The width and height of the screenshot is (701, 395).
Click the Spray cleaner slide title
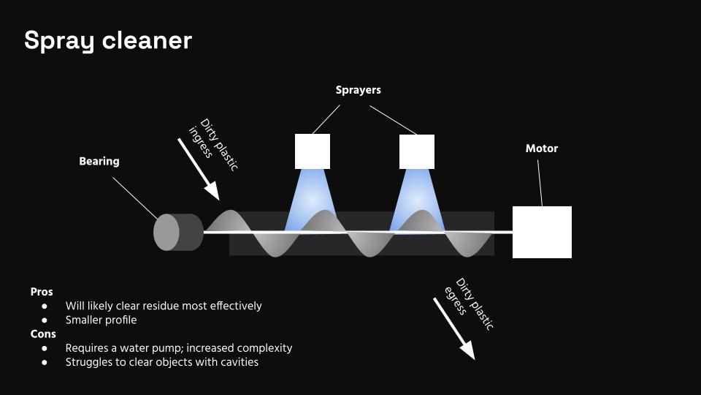click(107, 40)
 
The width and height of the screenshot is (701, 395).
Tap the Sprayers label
click(358, 90)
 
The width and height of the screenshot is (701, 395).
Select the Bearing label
click(99, 161)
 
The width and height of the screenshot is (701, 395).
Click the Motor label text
click(541, 148)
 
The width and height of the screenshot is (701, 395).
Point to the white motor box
click(542, 232)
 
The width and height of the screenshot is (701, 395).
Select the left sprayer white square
click(313, 151)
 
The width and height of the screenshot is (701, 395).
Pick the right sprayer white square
click(417, 151)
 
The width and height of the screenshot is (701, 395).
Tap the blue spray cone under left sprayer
click(310, 197)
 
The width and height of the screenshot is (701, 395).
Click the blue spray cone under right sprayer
click(416, 197)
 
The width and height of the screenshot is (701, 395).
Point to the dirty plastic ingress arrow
click(199, 169)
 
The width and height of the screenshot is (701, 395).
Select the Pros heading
click(42, 292)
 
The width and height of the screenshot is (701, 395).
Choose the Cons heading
click(43, 334)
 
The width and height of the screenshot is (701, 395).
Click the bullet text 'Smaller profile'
click(101, 320)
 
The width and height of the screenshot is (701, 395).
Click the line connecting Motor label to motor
click(540, 182)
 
